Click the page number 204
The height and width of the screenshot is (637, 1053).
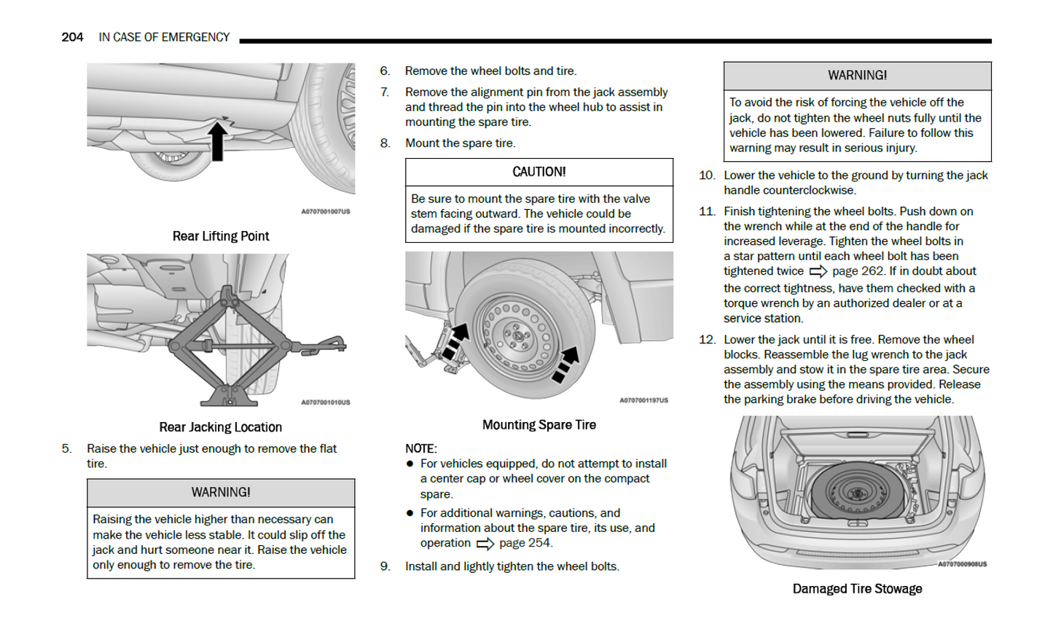pyautogui.click(x=72, y=37)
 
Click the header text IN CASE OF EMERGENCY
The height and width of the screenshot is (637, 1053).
pyautogui.click(x=164, y=37)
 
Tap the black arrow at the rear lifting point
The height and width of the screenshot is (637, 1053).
pyautogui.click(x=217, y=141)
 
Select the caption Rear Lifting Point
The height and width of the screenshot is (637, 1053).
pyautogui.click(x=221, y=236)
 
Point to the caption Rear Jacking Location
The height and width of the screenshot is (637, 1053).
pyautogui.click(x=221, y=427)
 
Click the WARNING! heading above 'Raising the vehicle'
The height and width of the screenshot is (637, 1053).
pyautogui.click(x=221, y=493)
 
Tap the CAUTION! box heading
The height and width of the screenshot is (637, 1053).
pyautogui.click(x=539, y=172)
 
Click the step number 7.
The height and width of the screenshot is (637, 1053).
pyautogui.click(x=385, y=93)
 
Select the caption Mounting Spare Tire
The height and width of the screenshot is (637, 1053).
pyautogui.click(x=539, y=425)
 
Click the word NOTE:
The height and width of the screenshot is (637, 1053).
pyautogui.click(x=421, y=448)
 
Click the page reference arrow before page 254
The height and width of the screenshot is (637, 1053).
pyautogui.click(x=485, y=544)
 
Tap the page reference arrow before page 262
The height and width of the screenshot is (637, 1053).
pyautogui.click(x=818, y=272)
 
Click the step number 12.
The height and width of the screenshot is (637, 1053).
pyautogui.click(x=707, y=340)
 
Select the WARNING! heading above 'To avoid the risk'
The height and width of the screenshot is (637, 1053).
pyautogui.click(x=857, y=76)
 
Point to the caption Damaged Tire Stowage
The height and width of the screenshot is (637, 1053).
pyautogui.click(x=857, y=589)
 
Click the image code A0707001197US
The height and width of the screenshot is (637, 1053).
pyautogui.click(x=643, y=400)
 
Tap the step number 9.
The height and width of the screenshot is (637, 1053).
pyautogui.click(x=385, y=566)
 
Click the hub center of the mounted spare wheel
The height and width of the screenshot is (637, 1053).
pyautogui.click(x=520, y=335)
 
